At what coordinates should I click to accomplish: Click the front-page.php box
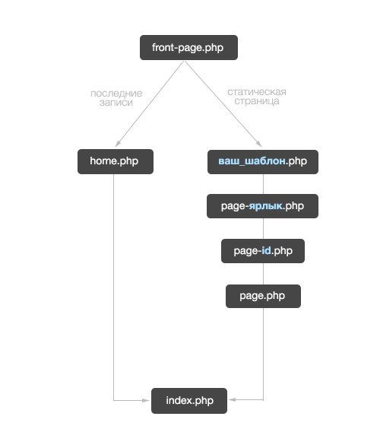188,47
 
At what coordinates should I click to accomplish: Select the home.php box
116,161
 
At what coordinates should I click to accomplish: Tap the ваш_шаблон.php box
263,162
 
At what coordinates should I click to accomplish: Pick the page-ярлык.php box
262,206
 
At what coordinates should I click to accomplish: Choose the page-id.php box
263,251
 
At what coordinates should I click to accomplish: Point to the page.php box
263,297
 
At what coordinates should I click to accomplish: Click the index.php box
189,401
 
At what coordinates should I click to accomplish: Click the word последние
116,93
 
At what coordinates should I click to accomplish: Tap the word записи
116,103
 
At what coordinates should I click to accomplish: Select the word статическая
257,92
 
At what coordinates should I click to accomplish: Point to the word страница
257,101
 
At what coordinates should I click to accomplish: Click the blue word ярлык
266,206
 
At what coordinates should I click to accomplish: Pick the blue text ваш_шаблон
252,161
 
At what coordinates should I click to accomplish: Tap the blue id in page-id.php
266,250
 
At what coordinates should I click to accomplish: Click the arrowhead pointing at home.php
117,144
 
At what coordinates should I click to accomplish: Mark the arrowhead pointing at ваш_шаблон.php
259,144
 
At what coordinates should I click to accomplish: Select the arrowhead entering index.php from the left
146,400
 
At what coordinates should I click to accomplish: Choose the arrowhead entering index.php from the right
233,399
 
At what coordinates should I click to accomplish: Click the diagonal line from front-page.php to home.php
150,104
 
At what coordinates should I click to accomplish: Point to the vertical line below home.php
114,288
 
